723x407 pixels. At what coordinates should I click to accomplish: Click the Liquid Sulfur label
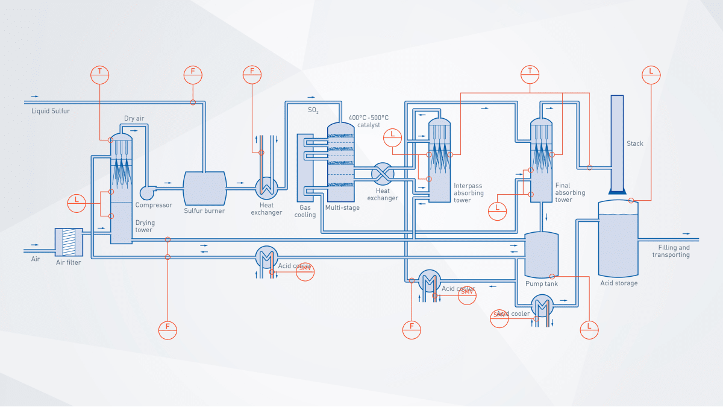click(x=51, y=111)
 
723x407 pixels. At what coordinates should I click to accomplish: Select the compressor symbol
click(x=148, y=192)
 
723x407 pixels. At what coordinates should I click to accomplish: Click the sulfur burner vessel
click(x=205, y=188)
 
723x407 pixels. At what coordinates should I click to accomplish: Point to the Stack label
click(x=634, y=144)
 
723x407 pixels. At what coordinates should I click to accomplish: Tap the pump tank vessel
click(x=542, y=253)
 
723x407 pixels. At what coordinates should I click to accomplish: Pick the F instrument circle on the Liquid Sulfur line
click(x=193, y=74)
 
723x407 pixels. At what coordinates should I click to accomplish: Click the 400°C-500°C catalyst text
click(x=369, y=121)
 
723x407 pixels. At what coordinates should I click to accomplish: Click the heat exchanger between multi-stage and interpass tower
click(x=382, y=174)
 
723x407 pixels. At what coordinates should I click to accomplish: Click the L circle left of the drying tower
click(x=77, y=203)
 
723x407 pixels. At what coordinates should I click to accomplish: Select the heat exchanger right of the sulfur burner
click(x=266, y=188)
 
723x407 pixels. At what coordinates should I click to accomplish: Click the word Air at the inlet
click(x=36, y=259)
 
